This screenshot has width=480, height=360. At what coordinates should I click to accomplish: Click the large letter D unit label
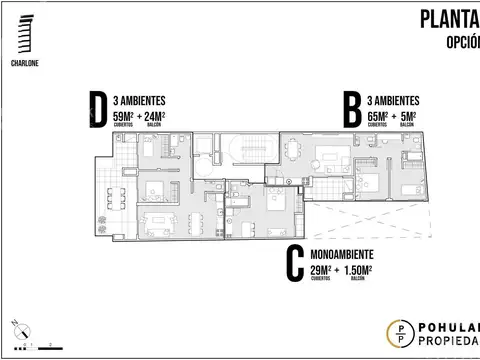(98, 110)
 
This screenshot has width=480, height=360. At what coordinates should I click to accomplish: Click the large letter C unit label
(294, 263)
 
